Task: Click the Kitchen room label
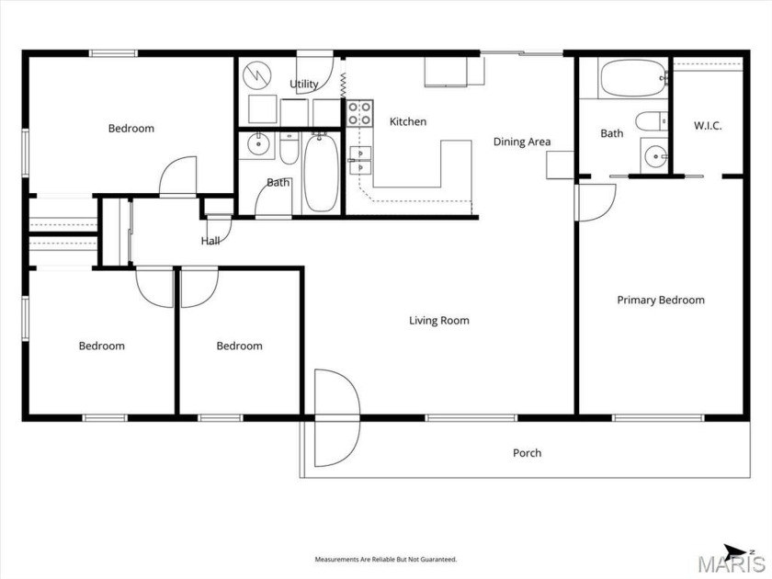pos(407,121)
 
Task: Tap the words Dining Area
pos(521,142)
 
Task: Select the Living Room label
pos(438,321)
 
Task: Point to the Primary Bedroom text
pos(660,300)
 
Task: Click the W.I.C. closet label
pos(707,125)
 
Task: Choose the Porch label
pos(527,453)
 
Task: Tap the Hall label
pos(210,241)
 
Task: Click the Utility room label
pos(304,84)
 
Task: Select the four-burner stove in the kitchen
pos(359,113)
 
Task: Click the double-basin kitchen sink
pos(359,160)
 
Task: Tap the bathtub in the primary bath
pos(634,79)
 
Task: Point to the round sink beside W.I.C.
pos(654,154)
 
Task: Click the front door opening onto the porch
pos(335,417)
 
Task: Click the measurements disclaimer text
pos(385,559)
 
